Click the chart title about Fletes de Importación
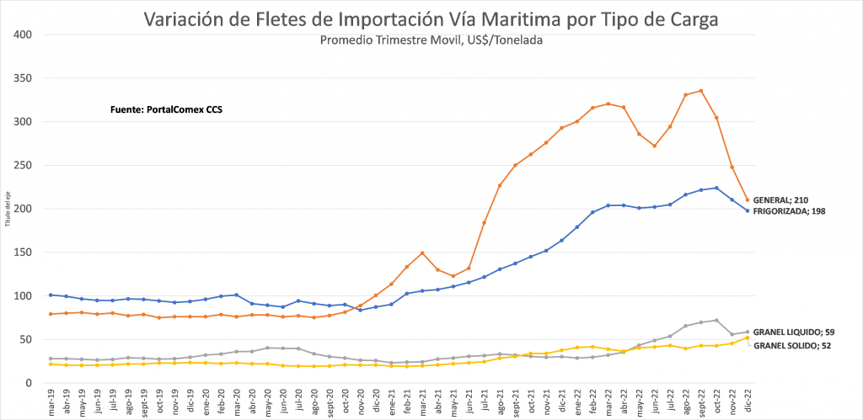pyautogui.click(x=431, y=19)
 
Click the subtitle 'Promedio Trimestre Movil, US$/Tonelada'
pyautogui.click(x=431, y=40)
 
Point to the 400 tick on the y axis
pyautogui.click(x=23, y=35)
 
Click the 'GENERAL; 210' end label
pyautogui.click(x=780, y=199)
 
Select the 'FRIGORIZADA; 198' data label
pyautogui.click(x=789, y=211)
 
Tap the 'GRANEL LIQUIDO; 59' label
pyautogui.click(x=792, y=332)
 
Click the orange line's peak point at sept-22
pyautogui.click(x=701, y=91)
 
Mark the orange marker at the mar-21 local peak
pyautogui.click(x=422, y=253)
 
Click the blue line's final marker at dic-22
pyautogui.click(x=748, y=210)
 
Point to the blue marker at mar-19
pyautogui.click(x=51, y=295)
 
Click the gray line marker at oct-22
pyautogui.click(x=716, y=320)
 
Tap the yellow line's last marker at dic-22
pyautogui.click(x=748, y=338)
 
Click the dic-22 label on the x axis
pyautogui.click(x=748, y=401)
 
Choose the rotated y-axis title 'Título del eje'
pyautogui.click(x=7, y=209)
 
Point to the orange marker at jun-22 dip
pyautogui.click(x=654, y=146)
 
